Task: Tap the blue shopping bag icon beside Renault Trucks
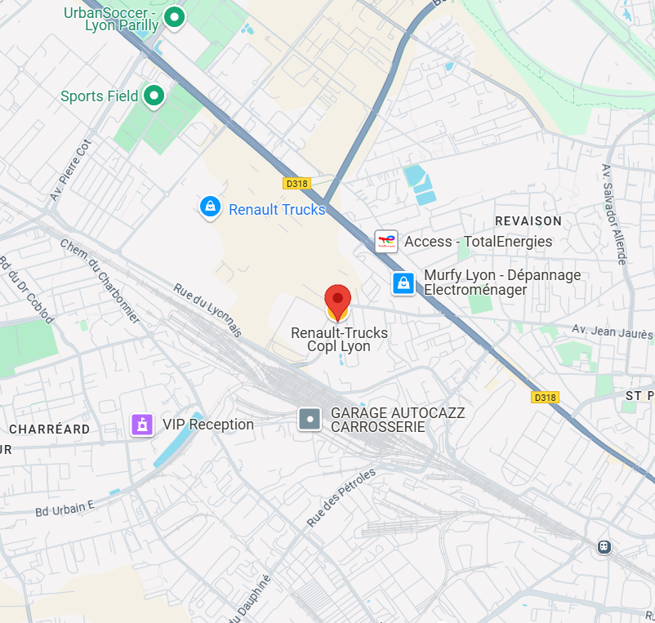(210, 207)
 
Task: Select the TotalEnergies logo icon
(385, 241)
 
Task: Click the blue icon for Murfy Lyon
(403, 283)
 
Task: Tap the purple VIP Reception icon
(142, 425)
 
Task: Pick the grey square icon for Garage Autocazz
(310, 420)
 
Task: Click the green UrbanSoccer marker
(173, 16)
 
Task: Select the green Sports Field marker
(153, 96)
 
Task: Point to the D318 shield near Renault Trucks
(296, 184)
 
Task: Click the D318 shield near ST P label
(545, 397)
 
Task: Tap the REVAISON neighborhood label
(528, 221)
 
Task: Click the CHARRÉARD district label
(50, 429)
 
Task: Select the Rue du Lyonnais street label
(207, 310)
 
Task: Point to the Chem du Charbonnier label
(100, 280)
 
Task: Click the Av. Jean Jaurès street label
(612, 332)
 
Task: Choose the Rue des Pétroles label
(341, 496)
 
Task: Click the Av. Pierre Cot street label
(70, 170)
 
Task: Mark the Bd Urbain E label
(65, 509)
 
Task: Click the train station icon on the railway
(604, 546)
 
